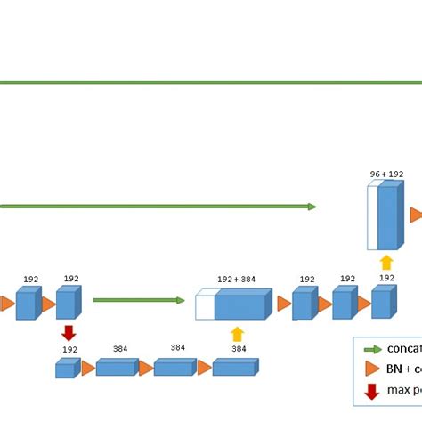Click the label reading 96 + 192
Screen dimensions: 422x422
point(385,174)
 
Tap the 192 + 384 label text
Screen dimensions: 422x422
point(236,280)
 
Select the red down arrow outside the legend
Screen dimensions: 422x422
point(68,333)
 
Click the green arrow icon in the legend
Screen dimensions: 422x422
point(372,349)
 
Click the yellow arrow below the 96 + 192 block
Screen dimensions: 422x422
point(385,263)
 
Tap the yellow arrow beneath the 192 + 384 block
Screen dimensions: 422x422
point(237,334)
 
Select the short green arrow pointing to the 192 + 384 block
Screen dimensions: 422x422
point(138,300)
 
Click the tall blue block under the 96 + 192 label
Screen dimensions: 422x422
point(388,217)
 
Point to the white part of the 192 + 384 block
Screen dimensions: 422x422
point(205,308)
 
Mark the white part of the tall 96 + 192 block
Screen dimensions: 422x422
point(373,218)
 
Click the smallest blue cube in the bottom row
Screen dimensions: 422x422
point(65,369)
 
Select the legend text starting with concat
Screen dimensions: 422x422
point(403,349)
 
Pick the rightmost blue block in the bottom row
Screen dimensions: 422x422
point(233,368)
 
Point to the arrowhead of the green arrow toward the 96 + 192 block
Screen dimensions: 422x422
point(312,207)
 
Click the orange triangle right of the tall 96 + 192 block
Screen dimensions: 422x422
point(416,215)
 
